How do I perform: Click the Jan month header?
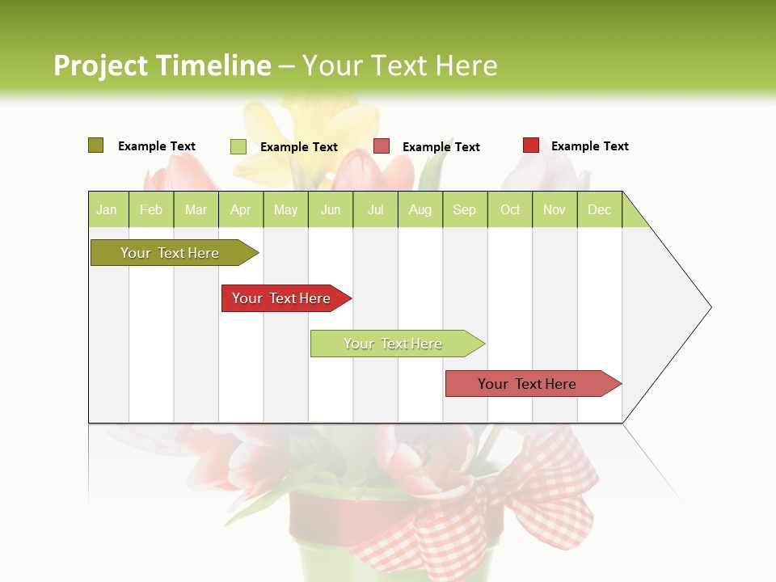click(x=108, y=209)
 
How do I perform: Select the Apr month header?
click(x=241, y=209)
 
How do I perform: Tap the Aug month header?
click(x=420, y=209)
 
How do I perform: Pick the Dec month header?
click(x=599, y=209)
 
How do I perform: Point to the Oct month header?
click(x=510, y=209)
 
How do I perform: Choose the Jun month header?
click(x=331, y=209)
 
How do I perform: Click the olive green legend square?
click(x=95, y=145)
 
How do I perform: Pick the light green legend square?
click(x=238, y=146)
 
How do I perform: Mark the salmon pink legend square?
click(x=382, y=146)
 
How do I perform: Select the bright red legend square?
click(x=530, y=145)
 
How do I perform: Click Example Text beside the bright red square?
click(x=589, y=146)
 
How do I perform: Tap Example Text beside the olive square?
click(x=157, y=146)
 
